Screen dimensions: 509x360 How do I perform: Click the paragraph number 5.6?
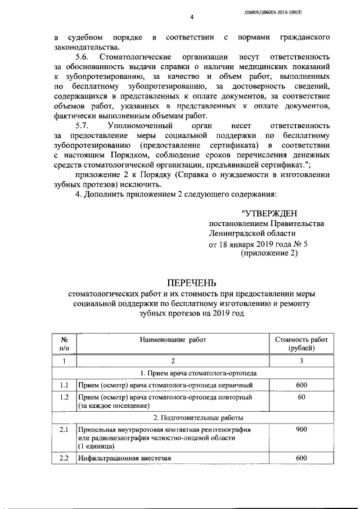point(82,57)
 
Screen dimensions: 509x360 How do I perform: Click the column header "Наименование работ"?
point(173,340)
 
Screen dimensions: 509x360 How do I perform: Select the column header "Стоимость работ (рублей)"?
point(301,344)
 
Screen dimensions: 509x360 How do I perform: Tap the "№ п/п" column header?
point(64,344)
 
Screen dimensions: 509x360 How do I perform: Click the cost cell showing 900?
point(301,430)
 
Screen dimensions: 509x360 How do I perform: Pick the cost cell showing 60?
point(301,397)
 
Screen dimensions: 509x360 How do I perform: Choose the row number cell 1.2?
point(64,397)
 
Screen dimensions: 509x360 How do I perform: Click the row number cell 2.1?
point(64,430)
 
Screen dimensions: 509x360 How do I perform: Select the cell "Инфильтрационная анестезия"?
point(120,458)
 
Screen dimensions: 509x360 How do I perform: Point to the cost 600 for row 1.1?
point(301,385)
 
